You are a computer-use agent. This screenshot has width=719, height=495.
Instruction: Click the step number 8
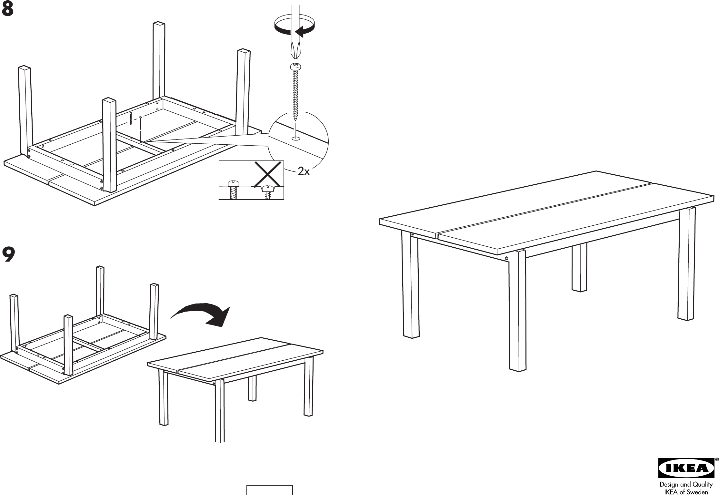coord(8,10)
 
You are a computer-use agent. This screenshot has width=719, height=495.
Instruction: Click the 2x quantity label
coord(303,171)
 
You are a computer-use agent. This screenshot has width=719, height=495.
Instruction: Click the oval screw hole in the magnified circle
coord(295,139)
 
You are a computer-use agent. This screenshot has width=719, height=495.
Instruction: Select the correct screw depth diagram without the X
coord(235,180)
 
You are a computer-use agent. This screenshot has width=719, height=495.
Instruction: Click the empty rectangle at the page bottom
coord(270,490)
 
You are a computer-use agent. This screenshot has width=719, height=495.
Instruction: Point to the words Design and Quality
coord(685,484)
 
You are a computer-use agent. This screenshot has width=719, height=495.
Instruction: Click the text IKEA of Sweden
coord(685,492)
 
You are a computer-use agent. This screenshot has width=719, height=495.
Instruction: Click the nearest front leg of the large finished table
coord(518,310)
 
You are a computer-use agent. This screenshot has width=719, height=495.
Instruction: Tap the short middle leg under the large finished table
coord(579,268)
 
